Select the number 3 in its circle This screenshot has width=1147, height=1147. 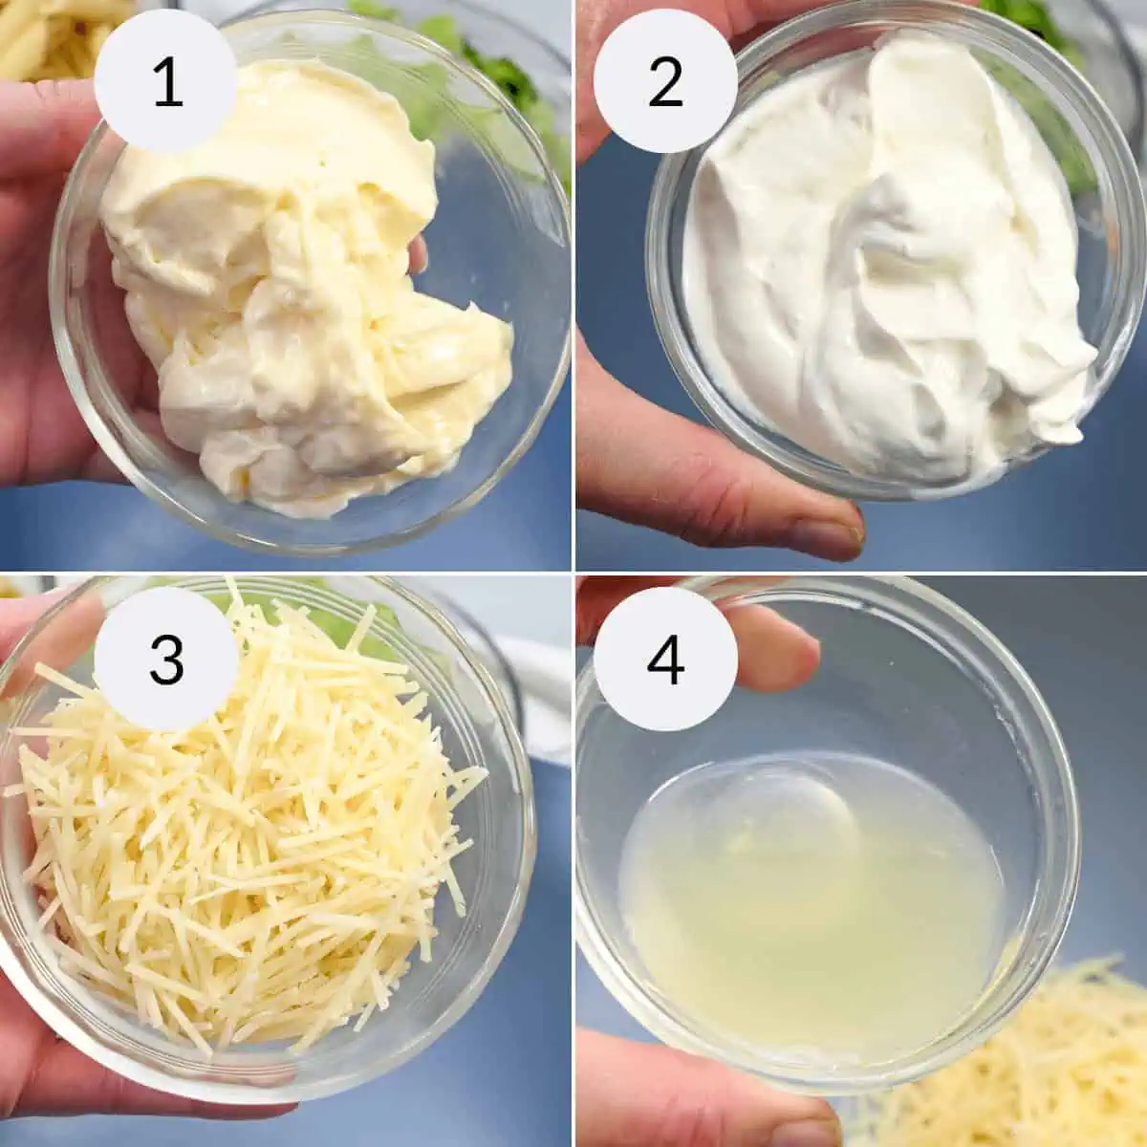pyautogui.click(x=166, y=660)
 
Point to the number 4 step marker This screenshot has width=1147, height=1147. pyautogui.click(x=665, y=660)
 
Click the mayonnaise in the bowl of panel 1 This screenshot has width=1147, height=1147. pyautogui.click(x=304, y=286)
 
